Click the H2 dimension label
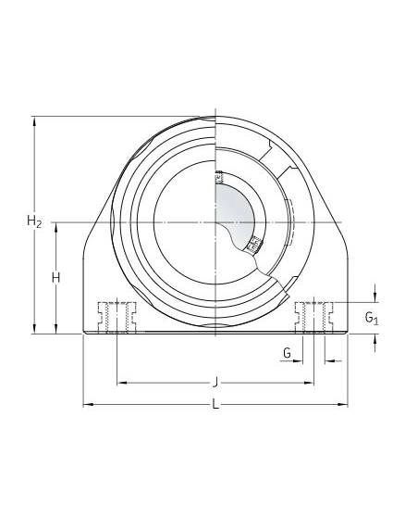[x=34, y=221]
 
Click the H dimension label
[x=56, y=278]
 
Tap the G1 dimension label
[x=372, y=318]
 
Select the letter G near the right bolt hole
[x=287, y=353]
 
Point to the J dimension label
[x=215, y=383]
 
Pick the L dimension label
[x=215, y=404]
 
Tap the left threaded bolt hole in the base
[x=117, y=318]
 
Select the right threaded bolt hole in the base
[x=314, y=318]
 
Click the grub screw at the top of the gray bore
[x=219, y=177]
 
